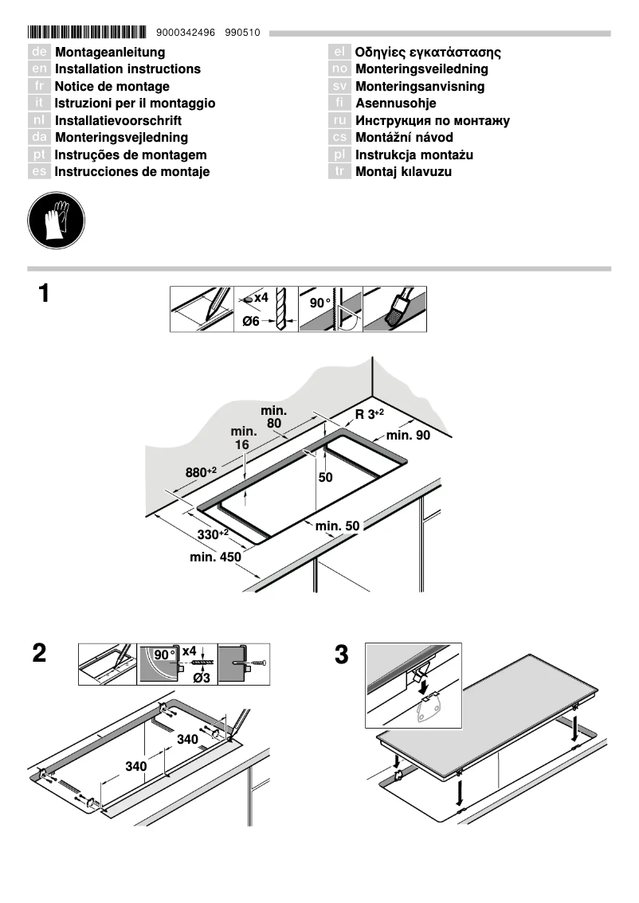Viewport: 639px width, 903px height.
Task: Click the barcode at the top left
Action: click(x=87, y=33)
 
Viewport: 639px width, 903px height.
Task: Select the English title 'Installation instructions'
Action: click(x=127, y=69)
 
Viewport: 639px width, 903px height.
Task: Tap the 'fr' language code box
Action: click(x=39, y=86)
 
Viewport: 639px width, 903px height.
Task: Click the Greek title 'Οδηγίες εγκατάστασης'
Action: click(x=428, y=53)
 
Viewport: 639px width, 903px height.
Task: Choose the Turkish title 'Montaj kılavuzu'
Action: click(x=403, y=172)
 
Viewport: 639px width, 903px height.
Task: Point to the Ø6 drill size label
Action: click(x=251, y=322)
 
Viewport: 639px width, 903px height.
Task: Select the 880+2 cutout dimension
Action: click(x=202, y=472)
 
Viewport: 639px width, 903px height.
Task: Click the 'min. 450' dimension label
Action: click(x=215, y=557)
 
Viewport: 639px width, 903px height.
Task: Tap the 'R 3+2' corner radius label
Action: click(x=369, y=414)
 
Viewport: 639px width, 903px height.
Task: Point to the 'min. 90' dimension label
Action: click(x=408, y=436)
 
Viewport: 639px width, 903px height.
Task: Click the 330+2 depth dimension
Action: click(x=213, y=534)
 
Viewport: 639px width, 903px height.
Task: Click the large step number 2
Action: click(x=39, y=655)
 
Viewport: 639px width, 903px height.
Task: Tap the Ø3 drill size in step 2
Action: click(x=202, y=678)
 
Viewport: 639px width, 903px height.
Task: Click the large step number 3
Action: click(x=341, y=656)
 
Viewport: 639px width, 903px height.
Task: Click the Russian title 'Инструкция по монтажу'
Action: click(x=432, y=121)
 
